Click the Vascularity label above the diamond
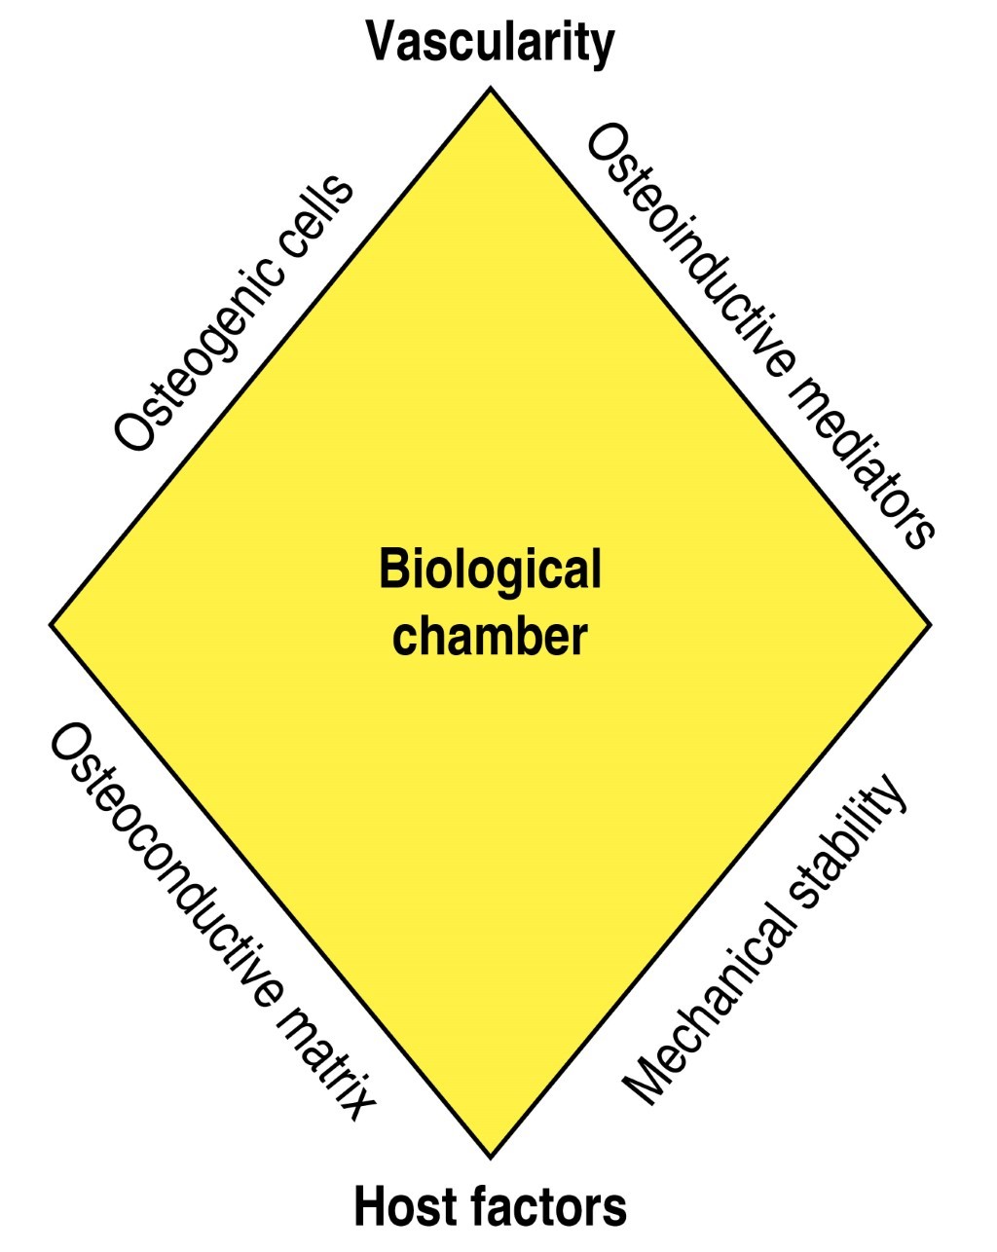coord(490,42)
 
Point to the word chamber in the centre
coord(490,637)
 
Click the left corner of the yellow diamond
coord(52,623)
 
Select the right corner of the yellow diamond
coord(930,623)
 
